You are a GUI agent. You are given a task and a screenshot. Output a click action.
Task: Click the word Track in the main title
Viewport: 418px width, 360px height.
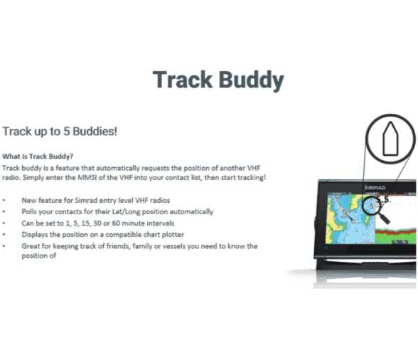point(183,80)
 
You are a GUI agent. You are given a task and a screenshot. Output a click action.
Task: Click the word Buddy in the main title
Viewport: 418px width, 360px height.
point(252,80)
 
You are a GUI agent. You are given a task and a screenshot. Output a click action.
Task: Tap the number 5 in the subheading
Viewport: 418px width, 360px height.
point(66,132)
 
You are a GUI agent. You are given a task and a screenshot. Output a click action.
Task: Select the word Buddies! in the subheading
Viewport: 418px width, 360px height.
point(95,132)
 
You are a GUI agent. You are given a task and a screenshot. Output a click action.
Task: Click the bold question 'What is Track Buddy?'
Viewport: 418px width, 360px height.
point(38,157)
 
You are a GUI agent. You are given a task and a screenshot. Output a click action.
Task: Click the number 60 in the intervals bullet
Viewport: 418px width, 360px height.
point(116,223)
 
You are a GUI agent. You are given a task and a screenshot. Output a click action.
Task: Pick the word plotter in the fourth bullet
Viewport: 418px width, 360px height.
point(173,235)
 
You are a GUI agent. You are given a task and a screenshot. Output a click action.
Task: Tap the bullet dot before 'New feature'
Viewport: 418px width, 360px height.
point(4,201)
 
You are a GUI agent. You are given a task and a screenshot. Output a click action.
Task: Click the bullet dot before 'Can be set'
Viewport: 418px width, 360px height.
point(4,223)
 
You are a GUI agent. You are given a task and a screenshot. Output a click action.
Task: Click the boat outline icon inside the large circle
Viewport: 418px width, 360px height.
point(390,139)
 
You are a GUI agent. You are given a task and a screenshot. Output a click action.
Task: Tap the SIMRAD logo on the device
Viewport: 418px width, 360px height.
point(375,188)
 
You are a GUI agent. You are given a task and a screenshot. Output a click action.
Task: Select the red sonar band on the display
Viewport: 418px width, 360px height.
point(395,233)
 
